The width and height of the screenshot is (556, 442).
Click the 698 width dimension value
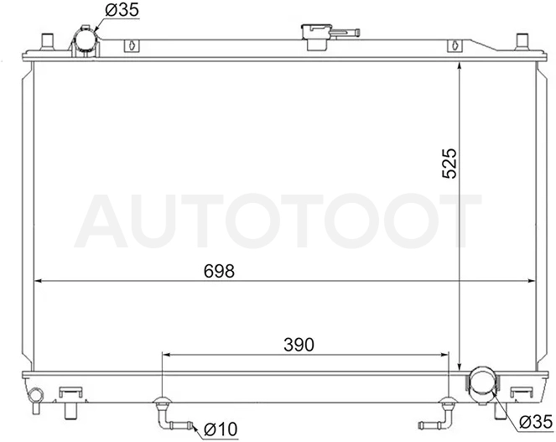pos(219,272)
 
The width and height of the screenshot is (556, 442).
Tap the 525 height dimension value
pos(449,164)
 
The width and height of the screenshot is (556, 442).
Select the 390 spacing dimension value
pos(299,345)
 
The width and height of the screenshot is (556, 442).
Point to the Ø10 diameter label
pos(221,429)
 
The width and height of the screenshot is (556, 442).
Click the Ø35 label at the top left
pos(122,10)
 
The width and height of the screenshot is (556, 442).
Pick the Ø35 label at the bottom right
pos(536,423)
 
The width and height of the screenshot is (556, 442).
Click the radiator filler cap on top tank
pos(316,36)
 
